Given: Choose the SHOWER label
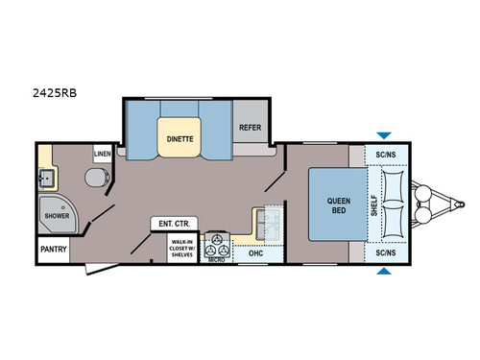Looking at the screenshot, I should (x=54, y=217).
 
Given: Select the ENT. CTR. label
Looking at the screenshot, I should (x=169, y=224).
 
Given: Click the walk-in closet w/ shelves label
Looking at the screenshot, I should (x=181, y=248).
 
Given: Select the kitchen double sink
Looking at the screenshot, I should (x=268, y=227).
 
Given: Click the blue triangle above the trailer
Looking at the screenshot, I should (x=384, y=135).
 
